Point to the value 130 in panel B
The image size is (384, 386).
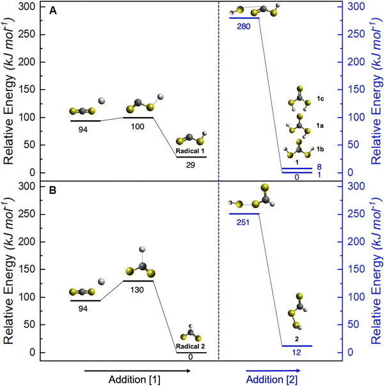click(x=137, y=289)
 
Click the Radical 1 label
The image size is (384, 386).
click(x=191, y=151)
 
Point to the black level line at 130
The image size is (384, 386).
click(x=137, y=281)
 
